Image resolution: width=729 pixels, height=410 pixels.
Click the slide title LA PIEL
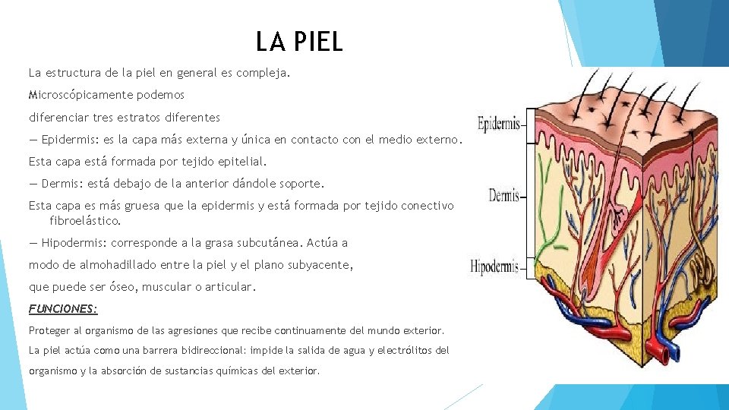[x=299, y=42]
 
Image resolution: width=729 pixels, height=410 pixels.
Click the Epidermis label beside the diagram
[x=498, y=122]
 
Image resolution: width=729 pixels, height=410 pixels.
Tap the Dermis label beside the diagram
[x=503, y=196]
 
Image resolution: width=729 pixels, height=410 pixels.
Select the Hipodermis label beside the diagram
[x=494, y=266]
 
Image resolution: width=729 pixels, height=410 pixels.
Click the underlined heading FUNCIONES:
[x=63, y=309]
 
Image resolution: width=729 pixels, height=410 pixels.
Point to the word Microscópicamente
[x=79, y=96]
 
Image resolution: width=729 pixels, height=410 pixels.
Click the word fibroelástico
[x=85, y=221]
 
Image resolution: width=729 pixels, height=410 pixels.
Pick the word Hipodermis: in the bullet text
[x=76, y=243]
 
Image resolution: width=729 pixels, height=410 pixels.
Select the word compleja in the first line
[x=266, y=74]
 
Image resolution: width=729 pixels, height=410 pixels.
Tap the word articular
[x=231, y=288]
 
